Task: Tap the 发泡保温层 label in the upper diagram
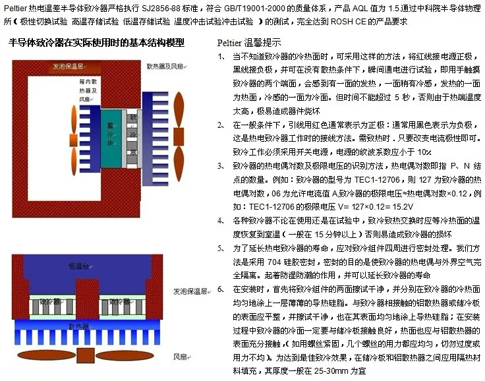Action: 73,67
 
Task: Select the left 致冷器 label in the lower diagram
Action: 49,301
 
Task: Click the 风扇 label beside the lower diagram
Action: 182,357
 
